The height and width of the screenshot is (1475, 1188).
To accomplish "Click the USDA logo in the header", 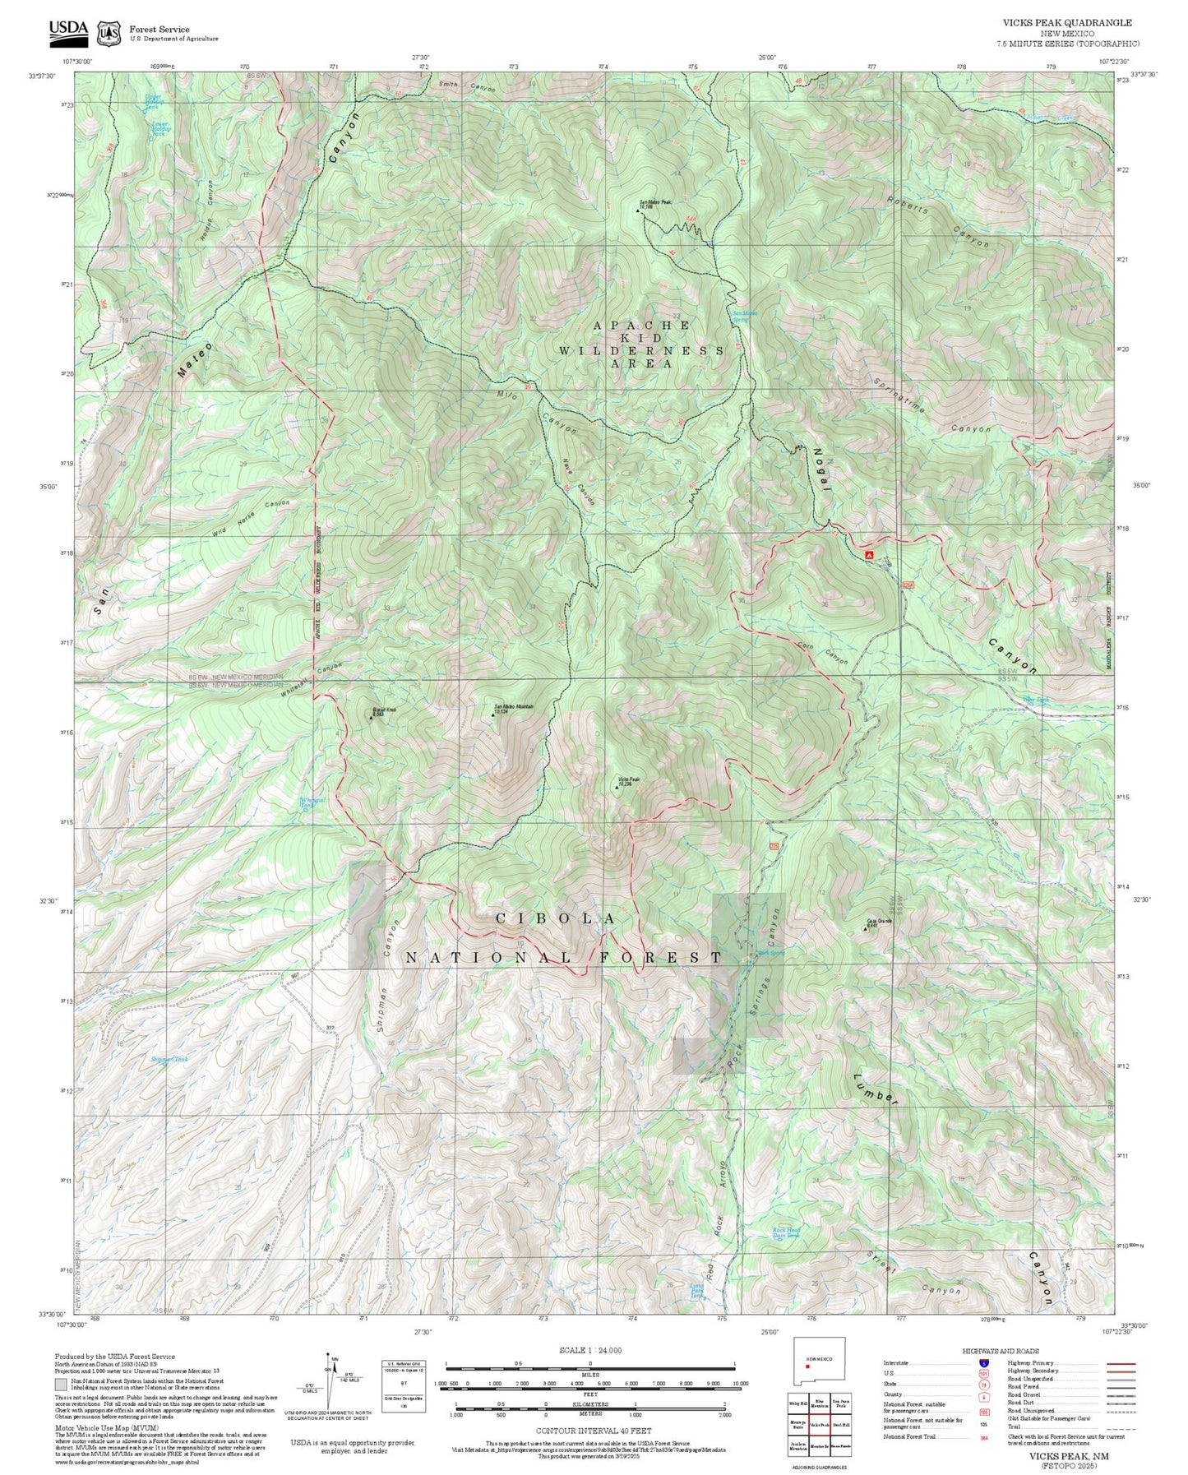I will [68, 30].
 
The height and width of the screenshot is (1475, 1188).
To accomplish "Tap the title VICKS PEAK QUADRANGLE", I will [1067, 23].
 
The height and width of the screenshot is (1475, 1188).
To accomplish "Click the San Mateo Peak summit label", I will [657, 204].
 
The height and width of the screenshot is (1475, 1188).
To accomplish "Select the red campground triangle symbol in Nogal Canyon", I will [869, 556].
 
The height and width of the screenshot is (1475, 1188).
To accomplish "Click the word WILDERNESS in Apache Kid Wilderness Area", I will [641, 350].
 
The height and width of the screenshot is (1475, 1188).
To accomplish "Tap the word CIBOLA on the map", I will [556, 918].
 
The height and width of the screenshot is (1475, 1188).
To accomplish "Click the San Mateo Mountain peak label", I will [514, 708].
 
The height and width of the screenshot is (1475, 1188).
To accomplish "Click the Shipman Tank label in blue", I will [169, 1059].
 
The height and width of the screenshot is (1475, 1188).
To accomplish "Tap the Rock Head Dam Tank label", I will [786, 1232].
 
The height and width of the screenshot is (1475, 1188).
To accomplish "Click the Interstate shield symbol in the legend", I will [984, 1362].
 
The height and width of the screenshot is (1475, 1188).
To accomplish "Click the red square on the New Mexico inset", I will [807, 1366].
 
